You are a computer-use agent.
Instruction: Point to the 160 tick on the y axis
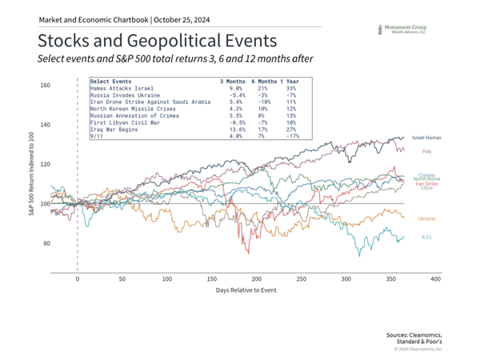pyautogui.click(x=45, y=86)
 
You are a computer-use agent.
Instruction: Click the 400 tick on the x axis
pyautogui.click(x=434, y=279)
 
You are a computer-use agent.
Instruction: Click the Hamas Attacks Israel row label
pyautogui.click(x=123, y=88)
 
